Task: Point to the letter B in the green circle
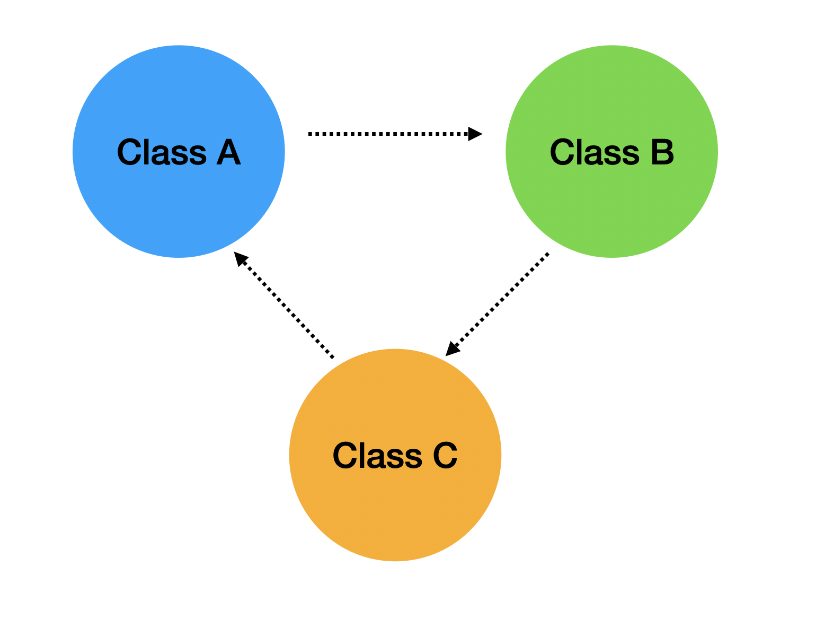(662, 152)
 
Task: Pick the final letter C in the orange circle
(445, 456)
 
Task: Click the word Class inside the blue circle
(162, 152)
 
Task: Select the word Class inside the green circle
(595, 152)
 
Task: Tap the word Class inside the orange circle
(377, 456)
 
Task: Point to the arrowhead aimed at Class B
(475, 134)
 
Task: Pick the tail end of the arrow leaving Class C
(332, 356)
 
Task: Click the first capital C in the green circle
(563, 152)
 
